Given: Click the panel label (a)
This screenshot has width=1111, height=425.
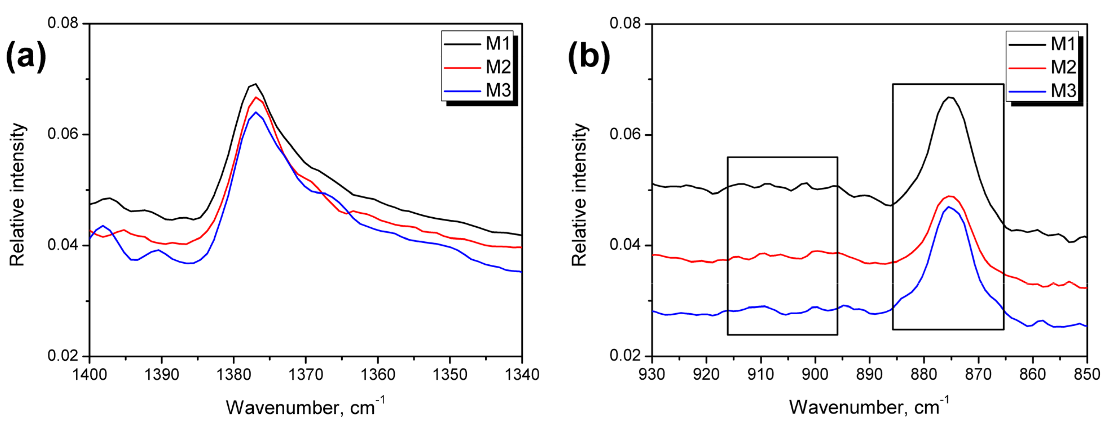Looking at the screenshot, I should [x=26, y=56].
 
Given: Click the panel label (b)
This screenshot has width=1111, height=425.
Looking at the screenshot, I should [x=588, y=56].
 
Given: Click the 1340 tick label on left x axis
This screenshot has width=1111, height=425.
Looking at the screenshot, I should [x=522, y=374].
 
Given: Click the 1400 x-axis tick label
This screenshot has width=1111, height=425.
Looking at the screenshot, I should [x=90, y=374].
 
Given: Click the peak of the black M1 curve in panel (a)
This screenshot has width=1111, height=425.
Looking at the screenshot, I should [x=255, y=84].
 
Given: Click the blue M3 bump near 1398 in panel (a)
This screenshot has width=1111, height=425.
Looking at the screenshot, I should [x=103, y=226].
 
